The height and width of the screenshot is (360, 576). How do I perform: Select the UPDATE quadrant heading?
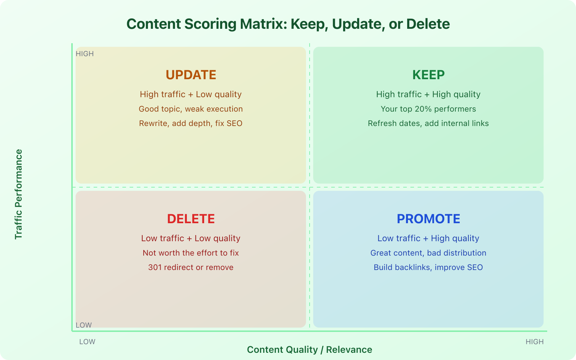191,75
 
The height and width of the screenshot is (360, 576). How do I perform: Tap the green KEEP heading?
428,75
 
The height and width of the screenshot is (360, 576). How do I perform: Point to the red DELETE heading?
191,219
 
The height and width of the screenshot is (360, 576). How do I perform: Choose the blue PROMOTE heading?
428,219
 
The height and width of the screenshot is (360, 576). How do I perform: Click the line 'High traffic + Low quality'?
191,94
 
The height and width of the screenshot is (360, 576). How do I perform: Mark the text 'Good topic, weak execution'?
191,109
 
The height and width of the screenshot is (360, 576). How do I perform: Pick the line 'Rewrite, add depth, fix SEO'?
191,123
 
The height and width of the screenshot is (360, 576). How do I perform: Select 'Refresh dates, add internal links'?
428,123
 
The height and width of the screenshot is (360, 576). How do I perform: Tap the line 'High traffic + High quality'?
428,94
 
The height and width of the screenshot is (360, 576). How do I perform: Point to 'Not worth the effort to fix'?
191,253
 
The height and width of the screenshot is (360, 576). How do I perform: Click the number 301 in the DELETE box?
155,267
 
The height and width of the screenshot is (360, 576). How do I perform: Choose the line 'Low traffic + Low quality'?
191,238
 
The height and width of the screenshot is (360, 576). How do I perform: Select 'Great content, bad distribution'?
428,253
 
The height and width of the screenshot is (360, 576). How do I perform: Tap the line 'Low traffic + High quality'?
428,238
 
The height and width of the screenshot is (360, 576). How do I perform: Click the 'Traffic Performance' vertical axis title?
18,194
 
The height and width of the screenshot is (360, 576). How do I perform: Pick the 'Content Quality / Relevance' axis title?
310,350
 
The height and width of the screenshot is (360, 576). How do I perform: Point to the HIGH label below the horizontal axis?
535,342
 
